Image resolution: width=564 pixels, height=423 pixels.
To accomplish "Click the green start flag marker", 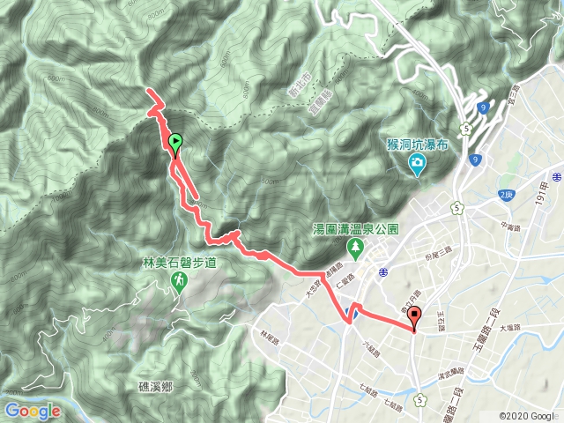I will click(175, 142).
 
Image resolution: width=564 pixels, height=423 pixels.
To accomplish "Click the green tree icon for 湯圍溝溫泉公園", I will click(357, 248).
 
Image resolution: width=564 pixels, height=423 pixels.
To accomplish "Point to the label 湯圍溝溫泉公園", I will click(356, 229).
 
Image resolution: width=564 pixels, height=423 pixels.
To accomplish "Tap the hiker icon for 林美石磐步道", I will click(179, 281).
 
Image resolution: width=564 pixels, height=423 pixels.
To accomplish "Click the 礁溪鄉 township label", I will click(158, 386).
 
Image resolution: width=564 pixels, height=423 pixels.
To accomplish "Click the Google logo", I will click(32, 411).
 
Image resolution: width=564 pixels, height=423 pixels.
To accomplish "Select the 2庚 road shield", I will click(505, 194).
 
